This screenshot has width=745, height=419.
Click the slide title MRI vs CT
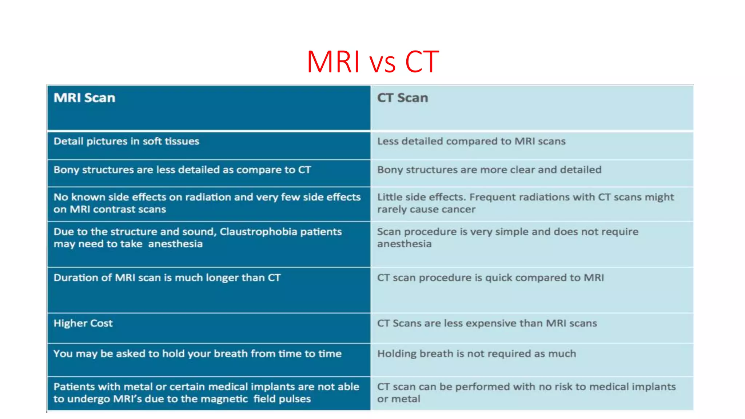[x=372, y=62]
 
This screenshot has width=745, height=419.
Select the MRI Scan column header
[x=84, y=98]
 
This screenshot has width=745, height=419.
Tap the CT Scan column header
[x=402, y=98]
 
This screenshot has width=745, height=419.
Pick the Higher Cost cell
[x=83, y=323]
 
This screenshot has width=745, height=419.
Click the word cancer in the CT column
[x=459, y=209]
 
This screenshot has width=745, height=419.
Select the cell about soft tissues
[x=126, y=141]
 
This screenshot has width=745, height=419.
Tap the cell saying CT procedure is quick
[x=490, y=278]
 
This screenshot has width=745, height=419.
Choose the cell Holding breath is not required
[x=477, y=354]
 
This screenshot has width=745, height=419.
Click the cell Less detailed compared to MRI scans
[x=471, y=141]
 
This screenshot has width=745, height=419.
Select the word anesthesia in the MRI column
[x=175, y=244]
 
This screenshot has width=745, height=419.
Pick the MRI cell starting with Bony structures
[x=182, y=170]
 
